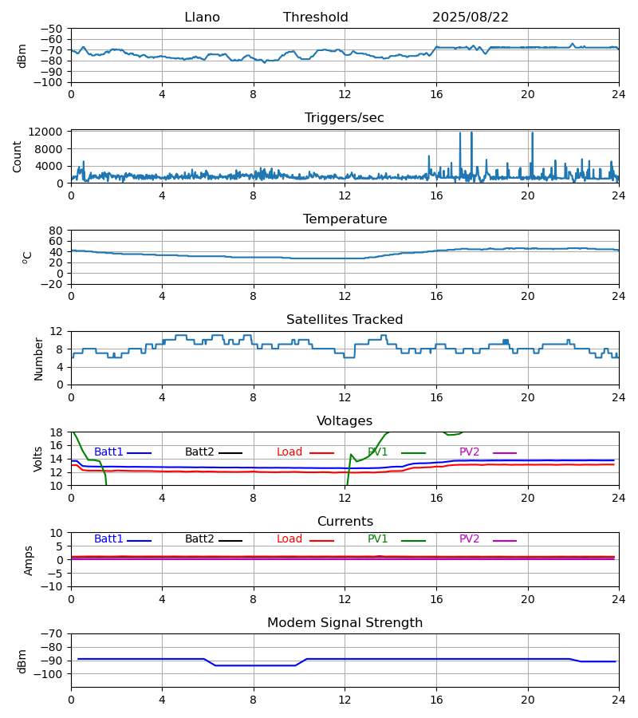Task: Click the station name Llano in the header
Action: click(202, 18)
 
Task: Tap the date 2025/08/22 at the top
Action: click(471, 18)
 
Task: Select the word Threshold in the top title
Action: click(316, 18)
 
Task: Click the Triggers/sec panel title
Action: click(345, 118)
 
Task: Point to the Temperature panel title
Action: click(345, 219)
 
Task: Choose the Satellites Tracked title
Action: click(345, 320)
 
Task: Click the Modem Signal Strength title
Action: click(345, 623)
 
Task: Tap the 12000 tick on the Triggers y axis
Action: click(46, 132)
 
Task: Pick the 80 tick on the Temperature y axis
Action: click(56, 231)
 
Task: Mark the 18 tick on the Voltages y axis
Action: click(56, 432)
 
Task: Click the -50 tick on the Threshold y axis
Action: click(52, 29)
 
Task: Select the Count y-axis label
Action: click(18, 156)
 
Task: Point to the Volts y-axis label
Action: click(38, 459)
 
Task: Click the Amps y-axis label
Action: click(29, 560)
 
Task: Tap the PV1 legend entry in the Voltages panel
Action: click(378, 452)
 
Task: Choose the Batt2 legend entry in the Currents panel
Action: click(199, 539)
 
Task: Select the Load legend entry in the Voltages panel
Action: click(289, 452)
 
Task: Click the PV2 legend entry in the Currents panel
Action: click(469, 539)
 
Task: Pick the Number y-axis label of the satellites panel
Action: click(38, 358)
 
